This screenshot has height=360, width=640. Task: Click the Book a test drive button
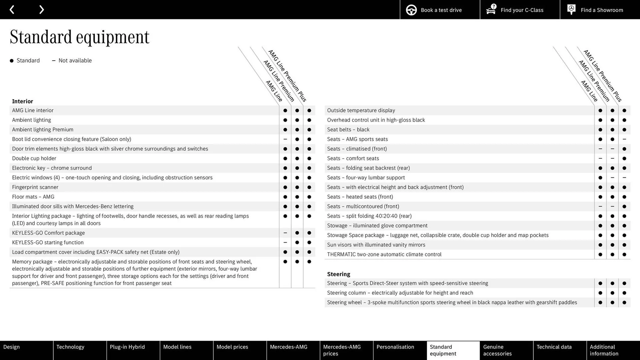(x=440, y=10)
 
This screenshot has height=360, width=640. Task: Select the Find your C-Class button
(x=520, y=10)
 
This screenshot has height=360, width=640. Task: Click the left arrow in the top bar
(x=12, y=10)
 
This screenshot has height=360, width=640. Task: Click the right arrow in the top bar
(x=41, y=10)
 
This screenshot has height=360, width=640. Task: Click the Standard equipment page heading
(x=79, y=37)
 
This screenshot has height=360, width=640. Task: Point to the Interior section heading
(x=23, y=101)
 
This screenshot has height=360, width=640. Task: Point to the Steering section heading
(x=338, y=274)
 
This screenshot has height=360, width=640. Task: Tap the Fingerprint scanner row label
(x=35, y=187)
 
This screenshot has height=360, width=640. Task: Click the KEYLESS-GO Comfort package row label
(x=48, y=233)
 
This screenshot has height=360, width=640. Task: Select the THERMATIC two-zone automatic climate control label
(x=384, y=254)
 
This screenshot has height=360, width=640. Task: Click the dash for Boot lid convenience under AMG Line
(x=285, y=139)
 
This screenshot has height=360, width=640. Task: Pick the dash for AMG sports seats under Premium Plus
(x=624, y=139)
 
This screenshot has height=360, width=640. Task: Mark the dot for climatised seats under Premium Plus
(x=624, y=149)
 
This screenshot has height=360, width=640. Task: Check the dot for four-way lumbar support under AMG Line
(x=600, y=178)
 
